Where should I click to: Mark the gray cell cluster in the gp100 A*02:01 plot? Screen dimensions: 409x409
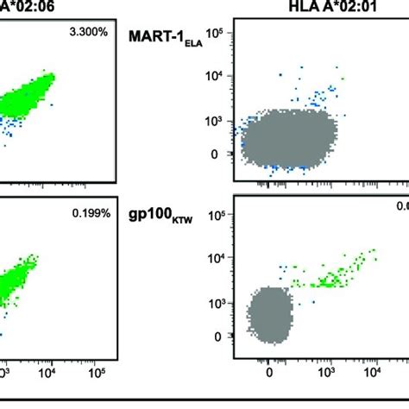tap(269, 314)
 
